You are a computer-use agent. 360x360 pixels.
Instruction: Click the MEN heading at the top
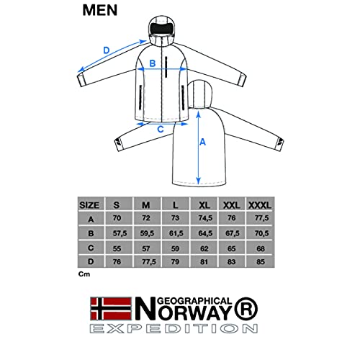(x=100, y=10)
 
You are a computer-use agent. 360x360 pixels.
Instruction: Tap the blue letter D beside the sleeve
(x=107, y=50)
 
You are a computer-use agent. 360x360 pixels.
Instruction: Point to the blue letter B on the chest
(x=153, y=63)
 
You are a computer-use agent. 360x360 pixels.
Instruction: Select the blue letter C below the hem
(x=161, y=130)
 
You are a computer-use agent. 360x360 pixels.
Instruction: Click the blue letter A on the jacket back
(x=202, y=142)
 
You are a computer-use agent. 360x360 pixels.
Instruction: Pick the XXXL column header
(x=260, y=205)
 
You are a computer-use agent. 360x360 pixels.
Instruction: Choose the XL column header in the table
(x=204, y=205)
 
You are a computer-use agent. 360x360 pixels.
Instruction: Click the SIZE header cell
(x=89, y=205)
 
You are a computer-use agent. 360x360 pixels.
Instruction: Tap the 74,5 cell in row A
(x=205, y=218)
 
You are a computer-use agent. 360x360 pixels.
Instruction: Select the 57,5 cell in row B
(x=120, y=233)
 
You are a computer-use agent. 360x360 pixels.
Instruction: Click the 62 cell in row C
(x=204, y=248)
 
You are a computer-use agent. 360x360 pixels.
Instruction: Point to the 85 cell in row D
(x=261, y=261)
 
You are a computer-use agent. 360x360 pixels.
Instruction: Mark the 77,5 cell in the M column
(x=149, y=261)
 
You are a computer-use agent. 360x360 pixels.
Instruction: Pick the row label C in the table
(x=91, y=248)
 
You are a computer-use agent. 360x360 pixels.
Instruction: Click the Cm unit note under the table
(x=84, y=274)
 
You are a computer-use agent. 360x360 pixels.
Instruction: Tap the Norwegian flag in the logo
(x=111, y=309)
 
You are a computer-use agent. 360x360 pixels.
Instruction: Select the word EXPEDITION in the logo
(x=174, y=328)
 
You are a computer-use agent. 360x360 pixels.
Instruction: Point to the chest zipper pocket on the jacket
(x=166, y=67)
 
